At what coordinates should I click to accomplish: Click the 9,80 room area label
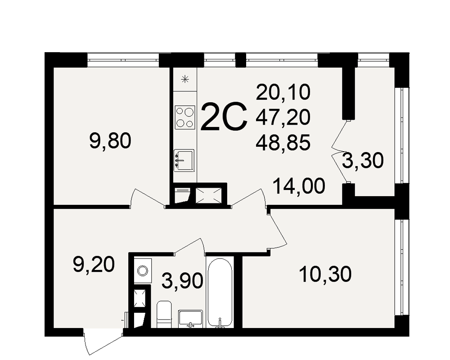pyautogui.click(x=110, y=141)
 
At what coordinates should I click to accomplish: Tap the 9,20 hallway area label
pyautogui.click(x=94, y=265)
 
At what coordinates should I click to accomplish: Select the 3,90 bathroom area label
pyautogui.click(x=182, y=280)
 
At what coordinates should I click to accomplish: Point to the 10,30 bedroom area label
pyautogui.click(x=325, y=274)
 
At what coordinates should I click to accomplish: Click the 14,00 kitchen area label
pyautogui.click(x=299, y=186)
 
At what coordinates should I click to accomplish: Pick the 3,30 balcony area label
pyautogui.click(x=363, y=160)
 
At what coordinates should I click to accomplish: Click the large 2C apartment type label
pyautogui.click(x=224, y=117)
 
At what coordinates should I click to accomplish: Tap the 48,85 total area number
pyautogui.click(x=283, y=143)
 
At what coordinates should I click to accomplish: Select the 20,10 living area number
pyautogui.click(x=283, y=92)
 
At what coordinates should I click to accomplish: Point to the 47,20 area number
pyautogui.click(x=283, y=117)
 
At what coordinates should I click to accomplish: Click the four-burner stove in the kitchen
pyautogui.click(x=185, y=117)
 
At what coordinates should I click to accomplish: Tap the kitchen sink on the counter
pyautogui.click(x=184, y=161)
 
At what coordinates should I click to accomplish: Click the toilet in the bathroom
pyautogui.click(x=164, y=314)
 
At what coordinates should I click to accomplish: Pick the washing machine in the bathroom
pyautogui.click(x=143, y=270)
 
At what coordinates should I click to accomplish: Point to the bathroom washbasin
pyautogui.click(x=190, y=319)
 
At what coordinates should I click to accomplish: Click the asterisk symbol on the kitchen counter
pyautogui.click(x=185, y=79)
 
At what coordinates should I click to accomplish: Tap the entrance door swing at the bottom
pyautogui.click(x=103, y=342)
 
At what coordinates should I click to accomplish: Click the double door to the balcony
pyautogui.click(x=339, y=151)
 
